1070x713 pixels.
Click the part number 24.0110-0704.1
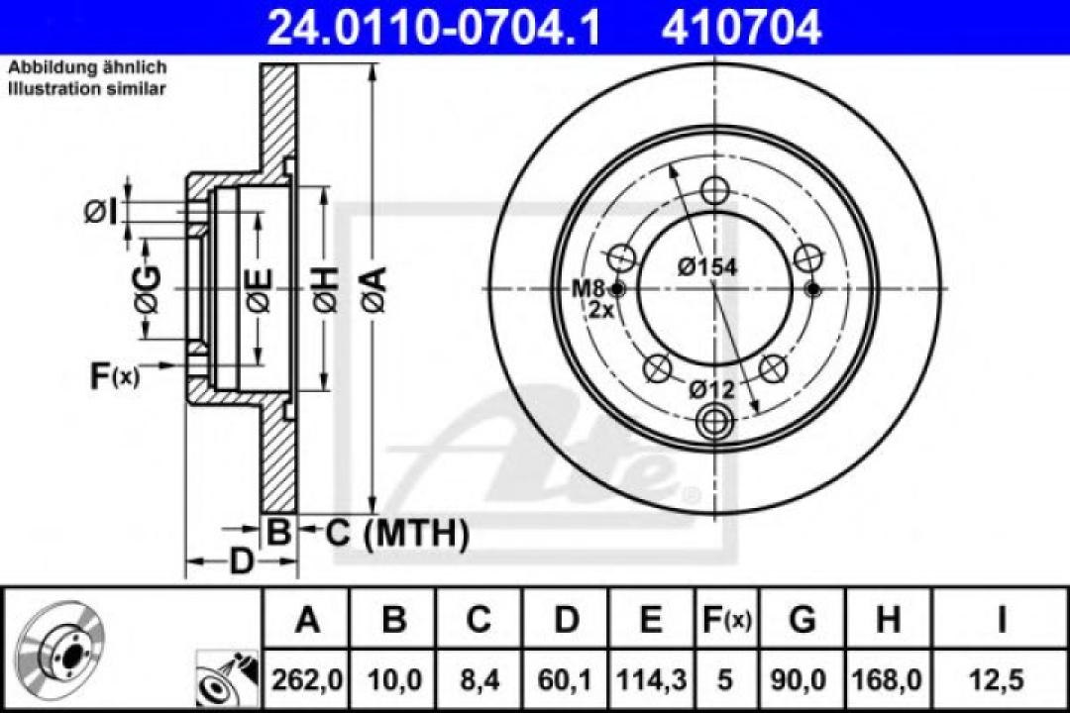point(434,27)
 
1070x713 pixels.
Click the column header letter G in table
point(802,621)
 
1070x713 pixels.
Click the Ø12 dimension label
point(713,390)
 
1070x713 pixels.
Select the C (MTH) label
point(396,535)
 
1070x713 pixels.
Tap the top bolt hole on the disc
point(713,190)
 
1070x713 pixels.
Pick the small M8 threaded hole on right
point(813,289)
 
